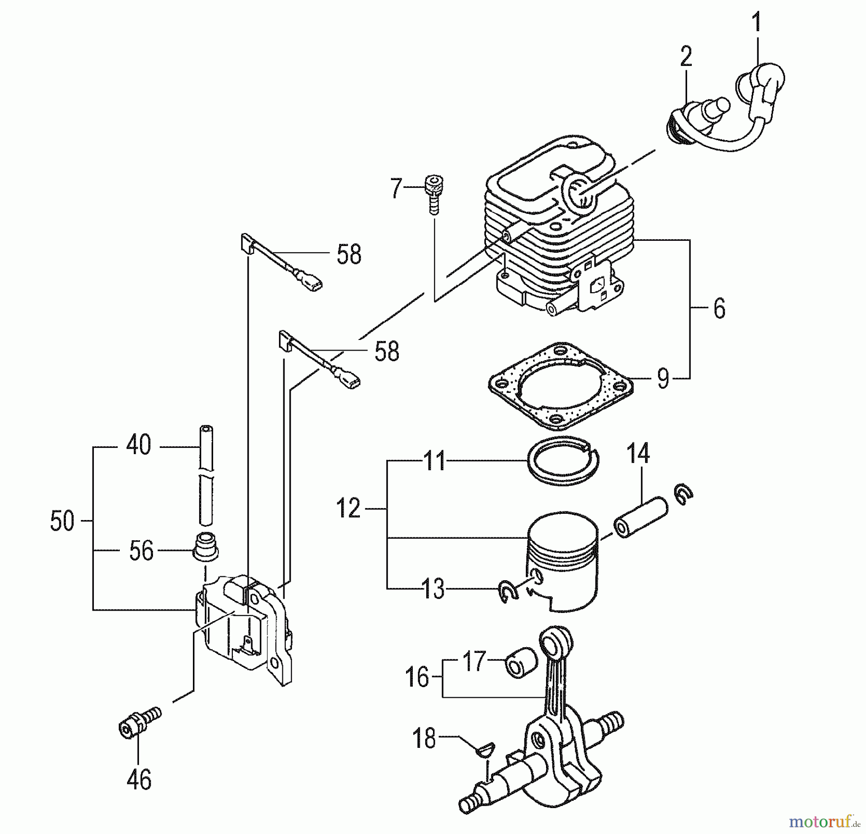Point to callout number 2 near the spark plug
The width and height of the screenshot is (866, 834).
[x=686, y=57]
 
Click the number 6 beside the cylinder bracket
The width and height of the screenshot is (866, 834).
[x=719, y=309]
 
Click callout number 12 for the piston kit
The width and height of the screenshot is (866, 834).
[x=348, y=508]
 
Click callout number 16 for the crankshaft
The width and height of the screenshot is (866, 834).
[x=417, y=677]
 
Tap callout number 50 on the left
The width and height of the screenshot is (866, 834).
[x=62, y=521]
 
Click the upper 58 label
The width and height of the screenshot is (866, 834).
[x=349, y=254]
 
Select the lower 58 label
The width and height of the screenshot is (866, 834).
[x=387, y=352]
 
